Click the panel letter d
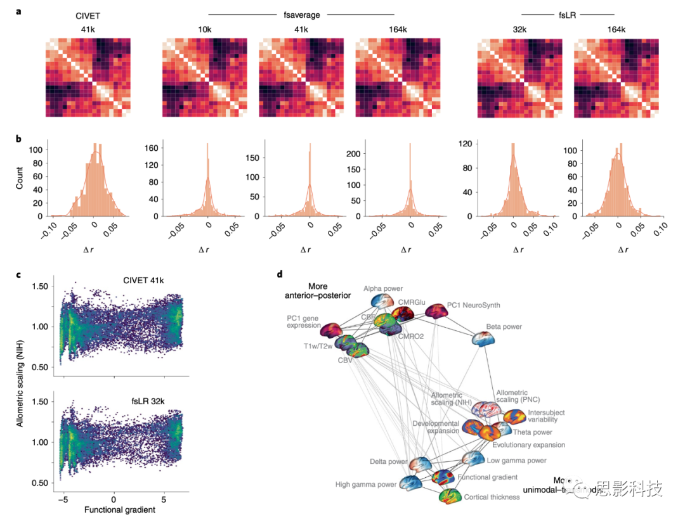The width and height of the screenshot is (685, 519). click(x=280, y=274)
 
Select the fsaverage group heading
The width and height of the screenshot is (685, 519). click(x=302, y=14)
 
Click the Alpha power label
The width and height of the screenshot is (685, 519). click(x=383, y=288)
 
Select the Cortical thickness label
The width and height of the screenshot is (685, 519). click(x=492, y=497)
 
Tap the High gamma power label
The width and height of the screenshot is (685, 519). click(x=366, y=485)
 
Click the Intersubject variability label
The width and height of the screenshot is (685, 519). click(x=546, y=416)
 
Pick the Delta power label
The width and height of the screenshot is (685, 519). click(x=389, y=461)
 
